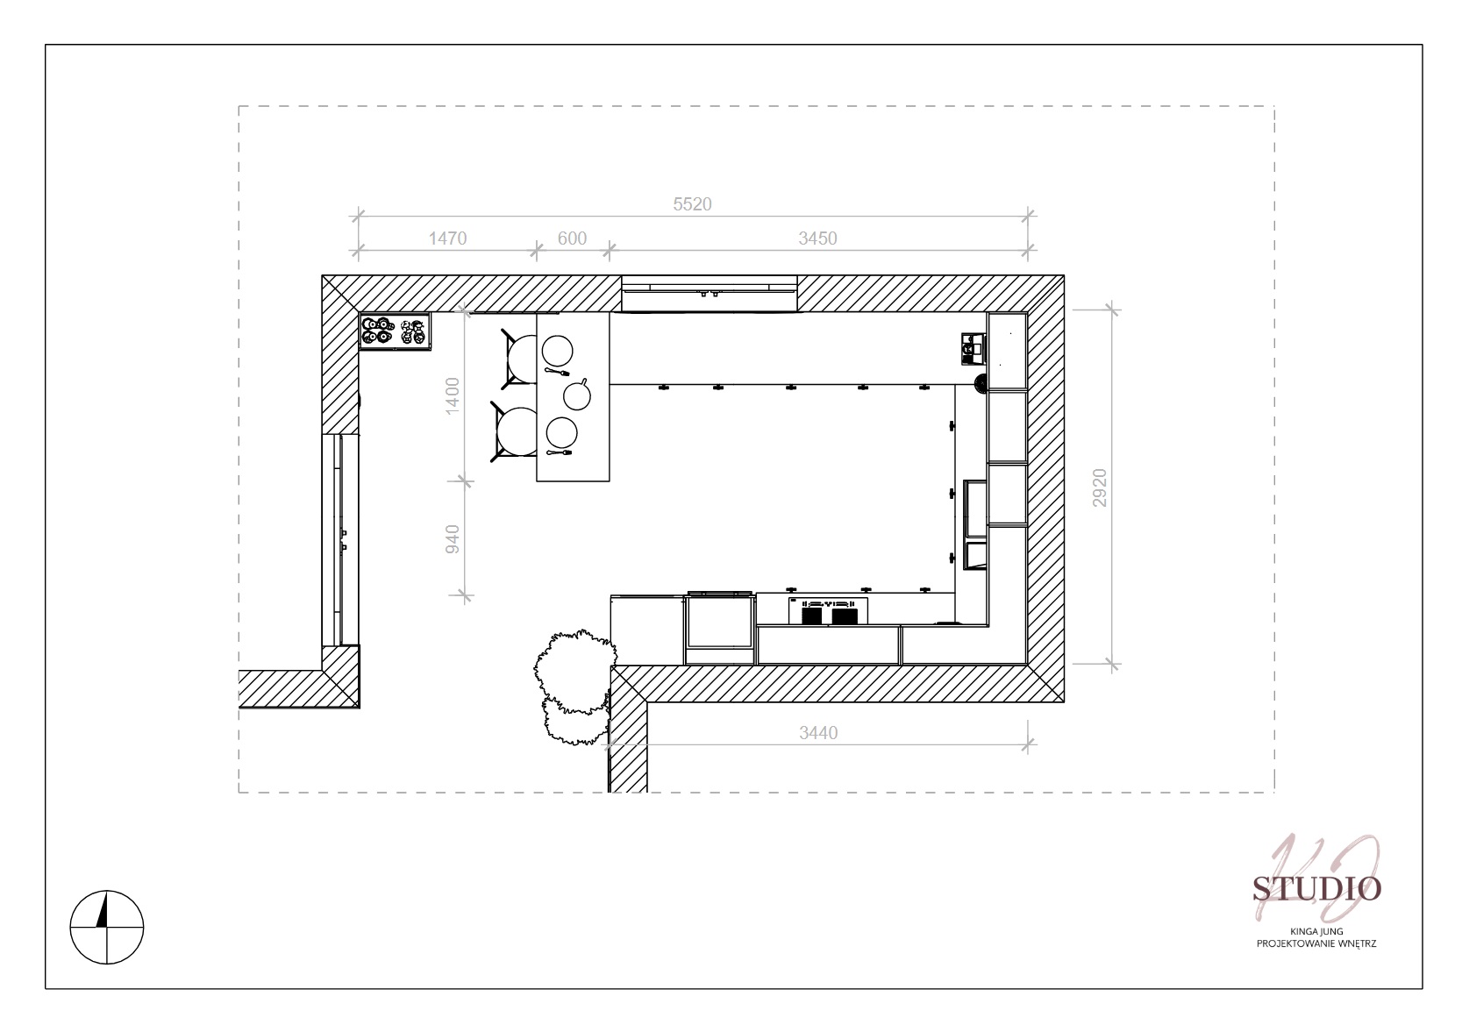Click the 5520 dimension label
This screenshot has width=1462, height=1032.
click(x=692, y=204)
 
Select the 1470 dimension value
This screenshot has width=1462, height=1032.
click(x=447, y=238)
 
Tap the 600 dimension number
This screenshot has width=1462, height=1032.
click(x=572, y=238)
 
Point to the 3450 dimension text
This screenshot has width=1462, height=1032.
click(x=817, y=238)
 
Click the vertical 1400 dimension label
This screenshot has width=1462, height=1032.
click(x=452, y=395)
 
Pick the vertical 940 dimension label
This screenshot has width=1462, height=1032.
click(x=452, y=539)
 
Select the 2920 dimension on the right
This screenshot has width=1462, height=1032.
click(x=1099, y=488)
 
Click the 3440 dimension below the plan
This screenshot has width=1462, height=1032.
click(x=817, y=733)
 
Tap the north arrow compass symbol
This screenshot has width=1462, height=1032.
click(x=106, y=927)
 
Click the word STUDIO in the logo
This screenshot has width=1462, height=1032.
click(x=1316, y=888)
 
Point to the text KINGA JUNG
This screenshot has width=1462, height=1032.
click(x=1316, y=931)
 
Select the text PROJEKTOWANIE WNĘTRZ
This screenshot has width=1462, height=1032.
click(x=1316, y=943)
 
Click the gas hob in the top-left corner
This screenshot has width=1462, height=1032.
click(x=395, y=331)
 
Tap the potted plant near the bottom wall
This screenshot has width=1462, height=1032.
click(x=574, y=687)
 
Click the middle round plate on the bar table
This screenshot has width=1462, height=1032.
click(x=577, y=395)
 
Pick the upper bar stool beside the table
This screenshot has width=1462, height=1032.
click(x=519, y=358)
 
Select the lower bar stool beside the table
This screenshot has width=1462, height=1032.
click(x=514, y=432)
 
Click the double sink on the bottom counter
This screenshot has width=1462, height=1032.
click(x=828, y=610)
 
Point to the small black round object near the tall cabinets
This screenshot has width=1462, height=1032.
click(x=981, y=384)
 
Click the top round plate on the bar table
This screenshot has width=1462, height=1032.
click(x=557, y=351)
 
